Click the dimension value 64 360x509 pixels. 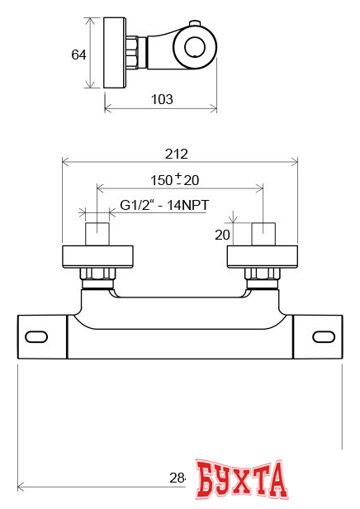pyautogui.click(x=79, y=55)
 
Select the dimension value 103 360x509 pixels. pyautogui.click(x=162, y=99)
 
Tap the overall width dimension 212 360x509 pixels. pyautogui.click(x=177, y=153)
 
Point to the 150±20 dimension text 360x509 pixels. pyautogui.click(x=174, y=179)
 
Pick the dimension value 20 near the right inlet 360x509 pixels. pyautogui.click(x=222, y=235)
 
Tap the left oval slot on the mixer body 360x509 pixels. pyautogui.click(x=37, y=336)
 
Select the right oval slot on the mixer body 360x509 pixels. pyautogui.click(x=323, y=336)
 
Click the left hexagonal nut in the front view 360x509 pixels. pyautogui.click(x=97, y=274)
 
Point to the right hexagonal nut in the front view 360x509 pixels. pyautogui.click(x=262, y=274)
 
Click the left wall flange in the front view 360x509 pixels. pyautogui.click(x=97, y=256)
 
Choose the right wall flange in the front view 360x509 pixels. pyautogui.click(x=263, y=256)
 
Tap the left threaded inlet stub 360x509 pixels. pyautogui.click(x=97, y=234)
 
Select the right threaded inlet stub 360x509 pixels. pyautogui.click(x=263, y=234)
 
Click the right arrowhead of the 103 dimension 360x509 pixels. pyautogui.click(x=214, y=107)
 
